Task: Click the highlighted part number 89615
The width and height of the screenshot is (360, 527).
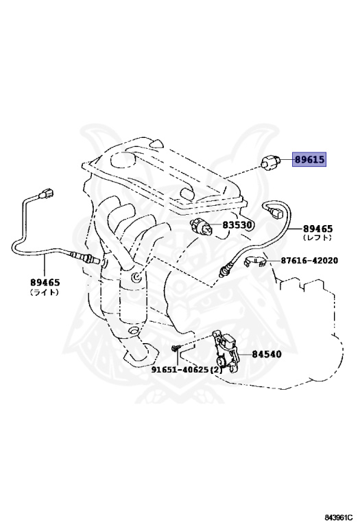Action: (309, 160)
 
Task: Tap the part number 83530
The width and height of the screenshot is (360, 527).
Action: (237, 224)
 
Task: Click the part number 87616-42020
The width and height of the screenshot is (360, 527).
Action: (309, 261)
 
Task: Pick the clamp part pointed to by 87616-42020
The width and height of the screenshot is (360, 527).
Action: (256, 262)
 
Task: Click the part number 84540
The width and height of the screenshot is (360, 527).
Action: (267, 355)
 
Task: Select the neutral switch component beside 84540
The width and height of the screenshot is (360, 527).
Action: (227, 351)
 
